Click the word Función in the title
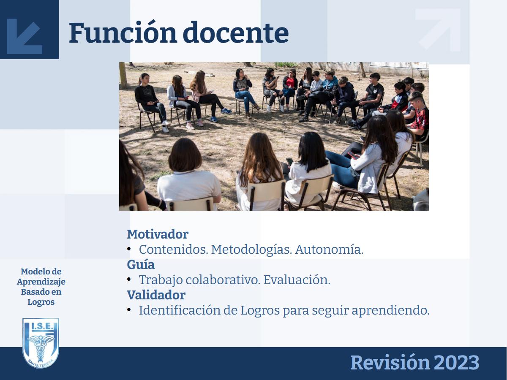point(123,33)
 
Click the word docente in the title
point(236,33)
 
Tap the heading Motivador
point(158,234)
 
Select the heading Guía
point(141,264)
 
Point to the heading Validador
point(156,295)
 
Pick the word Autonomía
point(329,250)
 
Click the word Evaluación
point(297,280)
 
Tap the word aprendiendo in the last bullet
point(390,311)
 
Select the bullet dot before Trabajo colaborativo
point(129,280)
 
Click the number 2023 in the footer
point(456,363)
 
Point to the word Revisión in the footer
point(390,362)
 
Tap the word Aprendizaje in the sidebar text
point(41,282)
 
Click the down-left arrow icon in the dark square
point(25,36)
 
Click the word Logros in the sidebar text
point(41,302)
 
